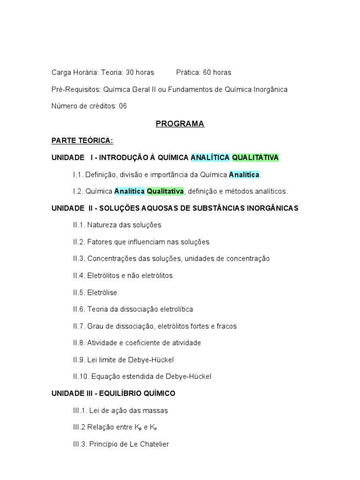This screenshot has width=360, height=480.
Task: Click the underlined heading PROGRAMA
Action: (x=180, y=124)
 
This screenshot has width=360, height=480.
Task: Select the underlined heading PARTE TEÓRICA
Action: (x=82, y=141)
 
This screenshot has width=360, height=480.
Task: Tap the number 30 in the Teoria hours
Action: (x=130, y=73)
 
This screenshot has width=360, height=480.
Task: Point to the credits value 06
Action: (x=122, y=106)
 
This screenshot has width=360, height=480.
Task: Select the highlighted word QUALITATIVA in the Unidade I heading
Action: (x=255, y=157)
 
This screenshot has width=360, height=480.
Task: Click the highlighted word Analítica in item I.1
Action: (x=244, y=174)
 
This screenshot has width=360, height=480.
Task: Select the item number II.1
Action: (x=79, y=225)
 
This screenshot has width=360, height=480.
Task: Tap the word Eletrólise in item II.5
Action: (x=102, y=292)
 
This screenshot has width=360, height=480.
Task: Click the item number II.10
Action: (x=81, y=376)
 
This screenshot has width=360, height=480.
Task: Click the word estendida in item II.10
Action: (x=135, y=376)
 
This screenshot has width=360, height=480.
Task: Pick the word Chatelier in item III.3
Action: (x=153, y=444)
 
